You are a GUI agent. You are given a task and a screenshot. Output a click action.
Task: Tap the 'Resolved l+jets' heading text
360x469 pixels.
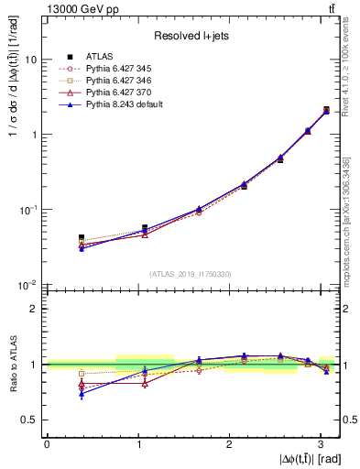[191, 36]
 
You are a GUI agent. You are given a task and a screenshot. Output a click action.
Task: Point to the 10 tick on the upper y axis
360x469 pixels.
[32, 60]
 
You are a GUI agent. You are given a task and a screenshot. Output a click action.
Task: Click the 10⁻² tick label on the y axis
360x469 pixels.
[30, 286]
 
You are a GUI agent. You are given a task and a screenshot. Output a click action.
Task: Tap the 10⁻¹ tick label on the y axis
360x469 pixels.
[30, 210]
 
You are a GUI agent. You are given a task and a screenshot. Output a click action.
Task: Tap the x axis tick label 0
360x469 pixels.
[47, 442]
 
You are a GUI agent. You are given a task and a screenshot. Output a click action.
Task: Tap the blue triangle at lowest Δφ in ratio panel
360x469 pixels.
[82, 394]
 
